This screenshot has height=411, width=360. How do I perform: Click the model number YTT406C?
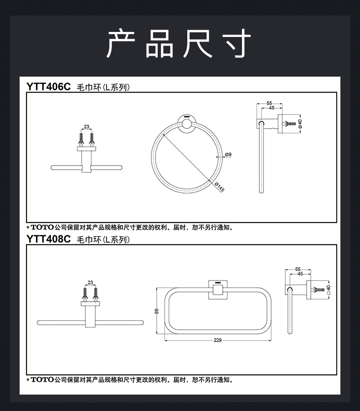coord(49,86)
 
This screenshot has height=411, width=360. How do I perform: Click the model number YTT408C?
coord(49,239)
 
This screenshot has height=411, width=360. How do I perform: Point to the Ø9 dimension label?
coord(228,155)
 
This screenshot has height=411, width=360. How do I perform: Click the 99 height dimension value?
coord(156,311)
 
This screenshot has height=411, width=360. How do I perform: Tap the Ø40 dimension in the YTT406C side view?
coord(300,124)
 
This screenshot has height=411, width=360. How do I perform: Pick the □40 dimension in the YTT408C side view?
coord(328,290)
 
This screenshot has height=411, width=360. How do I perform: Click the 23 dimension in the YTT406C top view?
coord(86,127)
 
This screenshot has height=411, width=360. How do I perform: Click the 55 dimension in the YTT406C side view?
coord(269,103)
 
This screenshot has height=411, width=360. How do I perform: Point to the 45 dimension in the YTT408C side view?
coord(300,274)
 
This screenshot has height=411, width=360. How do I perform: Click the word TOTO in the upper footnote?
coord(42,227)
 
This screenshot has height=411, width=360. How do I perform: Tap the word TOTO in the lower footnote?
coord(42,379)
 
